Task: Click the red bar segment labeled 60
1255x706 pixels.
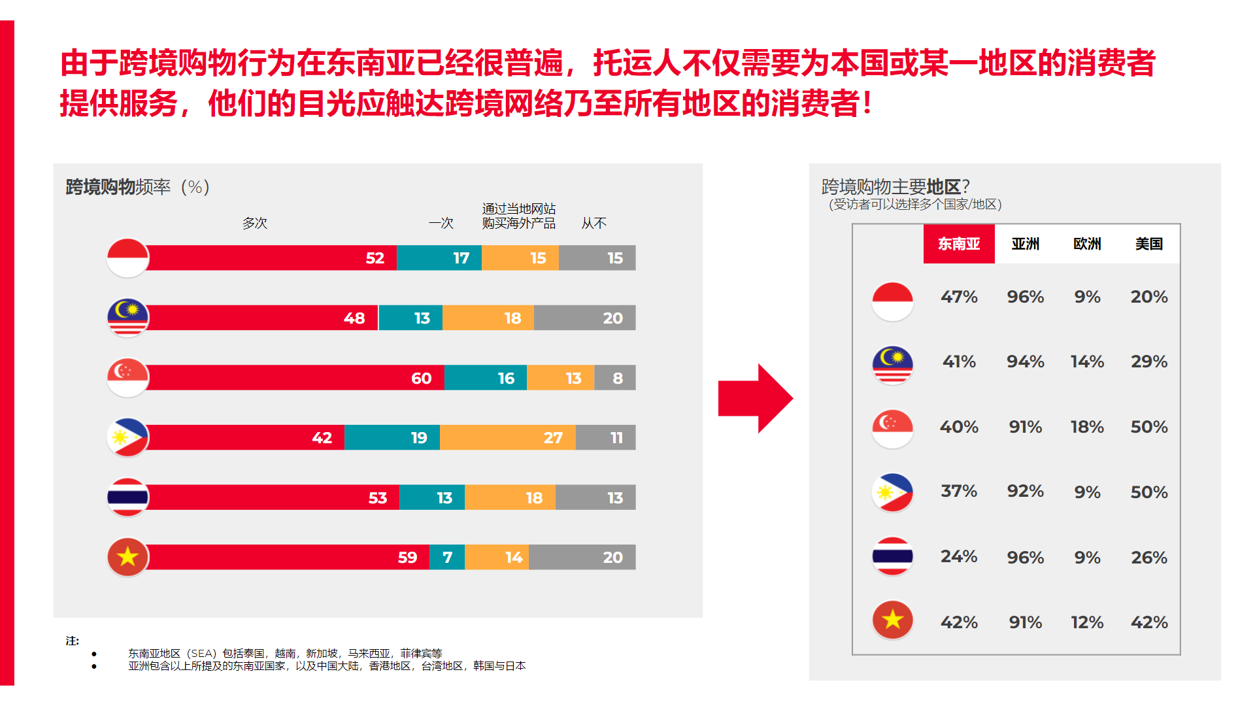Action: (x=294, y=378)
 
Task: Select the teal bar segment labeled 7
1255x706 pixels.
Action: (x=447, y=557)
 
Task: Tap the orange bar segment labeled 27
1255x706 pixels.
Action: (x=508, y=437)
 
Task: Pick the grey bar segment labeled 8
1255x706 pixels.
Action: (x=615, y=378)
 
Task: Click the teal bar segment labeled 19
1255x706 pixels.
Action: (x=392, y=437)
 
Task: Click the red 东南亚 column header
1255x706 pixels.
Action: (x=958, y=244)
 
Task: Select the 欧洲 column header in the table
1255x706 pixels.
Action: (x=1087, y=244)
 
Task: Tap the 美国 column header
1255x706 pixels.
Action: (x=1148, y=244)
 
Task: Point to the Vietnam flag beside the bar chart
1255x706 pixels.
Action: (x=128, y=557)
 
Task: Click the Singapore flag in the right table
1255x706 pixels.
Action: (x=892, y=428)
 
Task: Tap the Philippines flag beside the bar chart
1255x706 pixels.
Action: (x=128, y=437)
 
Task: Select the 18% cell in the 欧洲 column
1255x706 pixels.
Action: (x=1087, y=427)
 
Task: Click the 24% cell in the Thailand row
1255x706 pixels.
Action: (x=959, y=556)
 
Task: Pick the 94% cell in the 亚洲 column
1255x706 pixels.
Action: (x=1025, y=361)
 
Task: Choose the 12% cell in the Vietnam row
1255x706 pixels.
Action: (x=1087, y=622)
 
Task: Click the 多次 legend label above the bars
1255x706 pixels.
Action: (x=255, y=223)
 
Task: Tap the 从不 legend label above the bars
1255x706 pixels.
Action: (x=594, y=223)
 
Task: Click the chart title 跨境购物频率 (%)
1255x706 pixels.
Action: (x=137, y=187)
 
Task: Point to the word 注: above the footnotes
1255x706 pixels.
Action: (x=72, y=641)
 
